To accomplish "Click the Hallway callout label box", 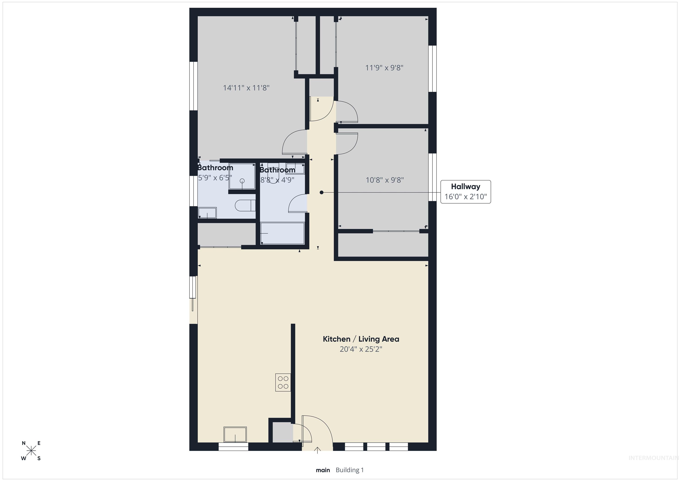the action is [466, 192].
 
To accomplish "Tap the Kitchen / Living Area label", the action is [361, 339].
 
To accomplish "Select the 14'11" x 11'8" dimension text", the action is [246, 88].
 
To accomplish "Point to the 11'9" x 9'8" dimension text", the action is [384, 68].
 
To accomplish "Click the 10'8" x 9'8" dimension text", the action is [385, 180].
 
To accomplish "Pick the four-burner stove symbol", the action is [283, 382].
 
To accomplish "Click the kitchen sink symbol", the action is [235, 434].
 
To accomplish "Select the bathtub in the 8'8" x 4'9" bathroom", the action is [282, 234].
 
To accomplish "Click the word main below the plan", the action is [323, 470].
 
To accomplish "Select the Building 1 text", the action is [350, 470].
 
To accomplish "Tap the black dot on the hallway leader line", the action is [322, 193].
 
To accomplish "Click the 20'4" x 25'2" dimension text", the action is [361, 349].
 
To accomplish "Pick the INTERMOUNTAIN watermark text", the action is [654, 458].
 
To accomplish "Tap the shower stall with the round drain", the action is [242, 176].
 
